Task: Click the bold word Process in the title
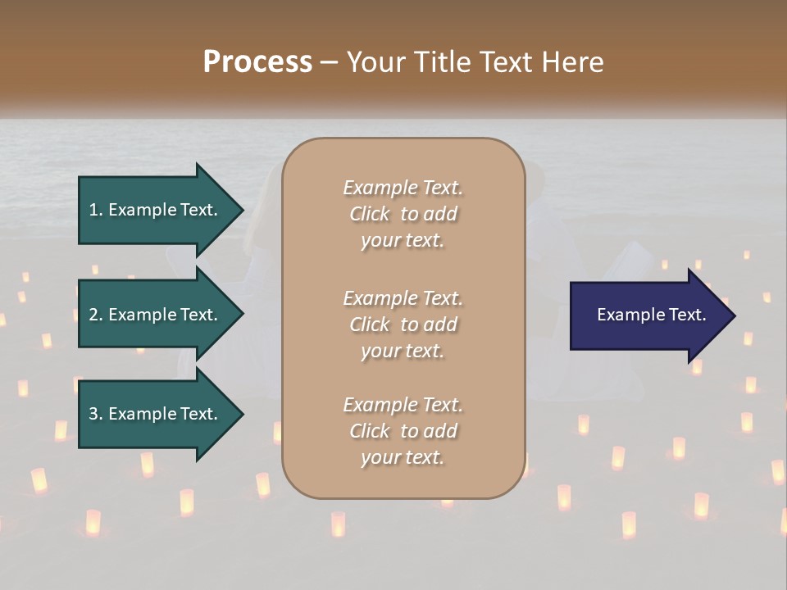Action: click(x=257, y=62)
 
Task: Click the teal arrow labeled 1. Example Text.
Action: click(x=156, y=210)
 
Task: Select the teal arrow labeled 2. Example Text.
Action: click(x=156, y=315)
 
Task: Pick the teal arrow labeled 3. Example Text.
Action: click(x=156, y=414)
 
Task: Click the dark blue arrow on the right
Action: click(x=648, y=315)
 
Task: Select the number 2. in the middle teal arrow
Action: click(x=96, y=315)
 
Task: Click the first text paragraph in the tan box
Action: click(x=403, y=214)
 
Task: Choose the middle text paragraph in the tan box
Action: click(x=403, y=324)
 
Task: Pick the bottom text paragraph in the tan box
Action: click(x=403, y=431)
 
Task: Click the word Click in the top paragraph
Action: click(x=370, y=214)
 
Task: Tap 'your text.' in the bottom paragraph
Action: click(x=403, y=458)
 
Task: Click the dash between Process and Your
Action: click(x=329, y=62)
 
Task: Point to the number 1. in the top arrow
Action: click(x=96, y=210)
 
